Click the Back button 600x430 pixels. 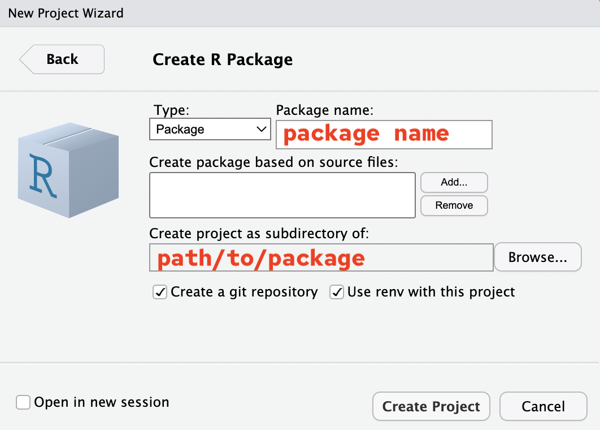pyautogui.click(x=62, y=59)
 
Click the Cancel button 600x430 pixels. pyautogui.click(x=543, y=406)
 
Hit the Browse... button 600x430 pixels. pyautogui.click(x=538, y=257)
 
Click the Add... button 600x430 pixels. pyautogui.click(x=454, y=182)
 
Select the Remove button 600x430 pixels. pyautogui.click(x=454, y=206)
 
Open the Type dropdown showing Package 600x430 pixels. pyautogui.click(x=210, y=129)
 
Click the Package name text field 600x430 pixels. pyautogui.click(x=384, y=135)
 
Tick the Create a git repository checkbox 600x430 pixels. pyautogui.click(x=160, y=292)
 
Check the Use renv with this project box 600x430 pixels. pyautogui.click(x=337, y=292)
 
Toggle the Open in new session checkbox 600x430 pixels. pyautogui.click(x=23, y=402)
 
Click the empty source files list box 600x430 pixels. pyautogui.click(x=282, y=195)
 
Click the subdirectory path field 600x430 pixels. pyautogui.click(x=321, y=257)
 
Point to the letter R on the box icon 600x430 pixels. pyautogui.click(x=43, y=175)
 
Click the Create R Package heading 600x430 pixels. pyautogui.click(x=223, y=60)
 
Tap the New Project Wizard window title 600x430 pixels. pyautogui.click(x=66, y=14)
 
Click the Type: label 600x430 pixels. pyautogui.click(x=171, y=110)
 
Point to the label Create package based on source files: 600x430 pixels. pyautogui.click(x=273, y=162)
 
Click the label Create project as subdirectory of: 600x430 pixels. pyautogui.click(x=259, y=234)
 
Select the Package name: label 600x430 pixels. pyautogui.click(x=324, y=110)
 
